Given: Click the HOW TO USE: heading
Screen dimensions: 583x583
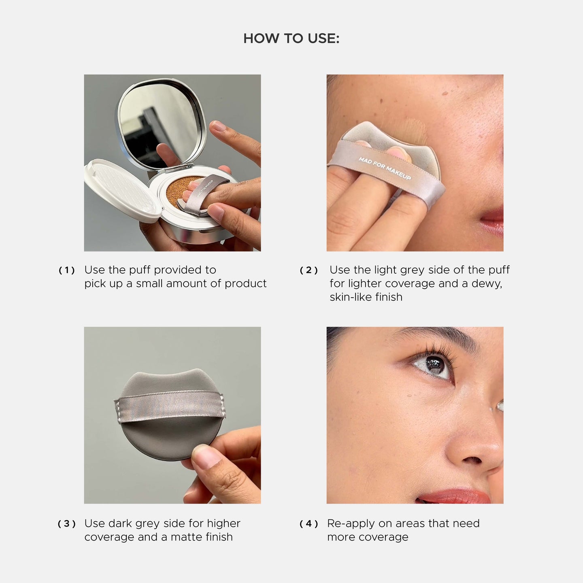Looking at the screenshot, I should (291, 38).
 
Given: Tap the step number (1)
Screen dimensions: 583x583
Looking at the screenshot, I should (67, 270).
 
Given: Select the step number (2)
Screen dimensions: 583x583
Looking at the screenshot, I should (309, 270).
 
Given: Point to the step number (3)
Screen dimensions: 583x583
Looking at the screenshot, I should (67, 524).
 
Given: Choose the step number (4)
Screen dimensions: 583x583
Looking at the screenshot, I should (309, 524).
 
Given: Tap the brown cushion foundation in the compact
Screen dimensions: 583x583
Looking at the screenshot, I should (178, 190).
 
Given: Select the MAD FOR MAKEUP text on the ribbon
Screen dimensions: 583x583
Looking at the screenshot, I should (385, 168).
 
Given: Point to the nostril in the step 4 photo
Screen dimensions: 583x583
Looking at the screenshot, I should (472, 461).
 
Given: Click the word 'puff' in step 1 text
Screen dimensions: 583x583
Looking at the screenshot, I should (140, 270).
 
